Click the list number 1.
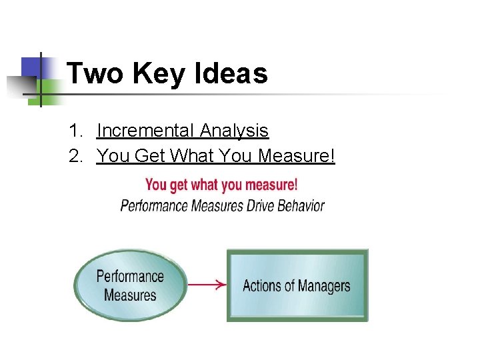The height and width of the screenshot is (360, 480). pyautogui.click(x=75, y=131)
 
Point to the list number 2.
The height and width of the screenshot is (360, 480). pyautogui.click(x=75, y=156)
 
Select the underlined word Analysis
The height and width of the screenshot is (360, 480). pyautogui.click(x=237, y=131)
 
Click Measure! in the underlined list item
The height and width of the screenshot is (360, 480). pyautogui.click(x=296, y=156)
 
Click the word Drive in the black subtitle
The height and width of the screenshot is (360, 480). pyautogui.click(x=265, y=205)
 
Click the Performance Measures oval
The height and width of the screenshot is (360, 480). pyautogui.click(x=130, y=285)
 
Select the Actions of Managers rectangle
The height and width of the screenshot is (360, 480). pyautogui.click(x=297, y=285)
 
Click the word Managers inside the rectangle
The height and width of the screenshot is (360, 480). pyautogui.click(x=323, y=286)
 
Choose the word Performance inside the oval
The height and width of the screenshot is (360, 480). pyautogui.click(x=130, y=276)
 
